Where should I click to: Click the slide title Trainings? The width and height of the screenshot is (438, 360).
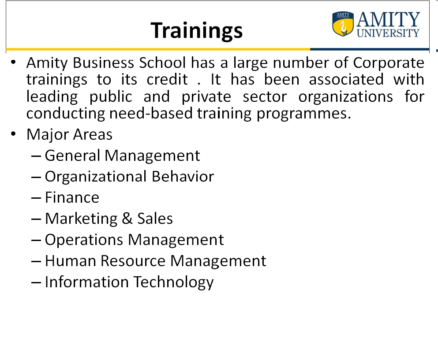197,31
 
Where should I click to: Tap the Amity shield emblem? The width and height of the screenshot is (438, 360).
343,24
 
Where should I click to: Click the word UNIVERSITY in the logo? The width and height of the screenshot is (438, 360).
388,33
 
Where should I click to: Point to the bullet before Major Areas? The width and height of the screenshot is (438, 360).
13,134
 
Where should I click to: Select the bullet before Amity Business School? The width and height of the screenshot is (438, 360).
13,62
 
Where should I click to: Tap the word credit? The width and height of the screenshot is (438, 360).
167,79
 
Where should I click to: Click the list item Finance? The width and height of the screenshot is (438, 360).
72,197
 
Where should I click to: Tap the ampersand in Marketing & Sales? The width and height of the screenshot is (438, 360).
127,219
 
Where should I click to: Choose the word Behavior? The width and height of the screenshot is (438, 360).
183,176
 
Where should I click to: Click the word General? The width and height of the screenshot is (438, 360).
72,156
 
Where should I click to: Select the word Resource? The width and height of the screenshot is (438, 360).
133,261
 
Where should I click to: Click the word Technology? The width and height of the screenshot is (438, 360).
173,282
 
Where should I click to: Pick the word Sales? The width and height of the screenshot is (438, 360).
155,219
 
